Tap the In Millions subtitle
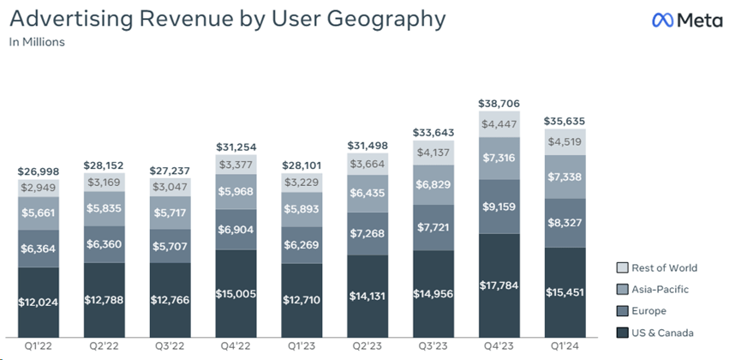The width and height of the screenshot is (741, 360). (37, 41)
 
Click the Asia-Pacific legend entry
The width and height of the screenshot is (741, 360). (654, 290)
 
